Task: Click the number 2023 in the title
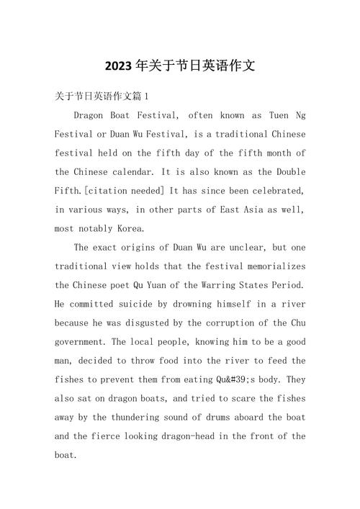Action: coord(117,66)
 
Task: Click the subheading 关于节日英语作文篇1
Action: coord(102,96)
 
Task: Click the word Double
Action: coord(288,172)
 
